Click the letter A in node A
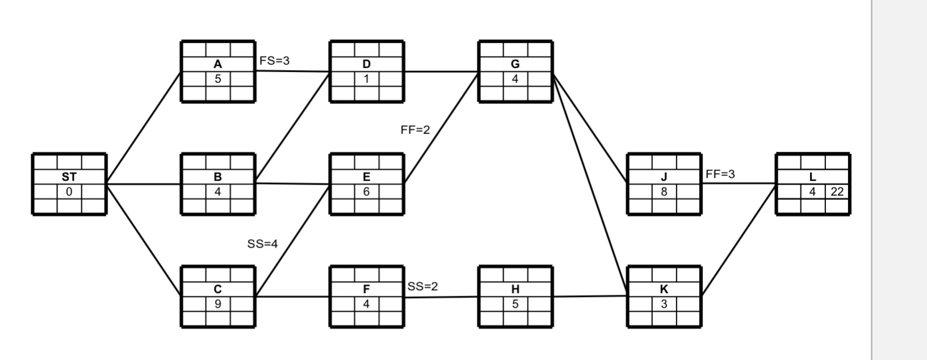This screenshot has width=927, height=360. (x=218, y=65)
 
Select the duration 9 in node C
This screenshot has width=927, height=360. (x=218, y=304)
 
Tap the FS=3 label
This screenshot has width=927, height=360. (x=274, y=60)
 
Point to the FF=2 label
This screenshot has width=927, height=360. (x=415, y=129)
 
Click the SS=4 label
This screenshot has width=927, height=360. (x=262, y=244)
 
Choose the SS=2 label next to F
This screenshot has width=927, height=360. (x=423, y=286)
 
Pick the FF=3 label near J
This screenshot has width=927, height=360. (x=720, y=174)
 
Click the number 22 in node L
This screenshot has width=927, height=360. (x=837, y=192)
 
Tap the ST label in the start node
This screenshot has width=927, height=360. (x=69, y=177)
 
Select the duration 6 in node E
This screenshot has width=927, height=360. (x=367, y=192)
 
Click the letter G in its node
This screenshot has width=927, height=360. (x=515, y=65)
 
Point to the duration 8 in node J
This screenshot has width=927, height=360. (x=664, y=192)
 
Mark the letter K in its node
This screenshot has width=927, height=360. (x=664, y=290)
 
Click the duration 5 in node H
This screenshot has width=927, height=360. (x=515, y=304)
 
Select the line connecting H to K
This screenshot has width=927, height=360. (x=590, y=296)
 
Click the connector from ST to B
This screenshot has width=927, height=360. (x=144, y=184)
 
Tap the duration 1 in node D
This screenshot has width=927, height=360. (x=367, y=79)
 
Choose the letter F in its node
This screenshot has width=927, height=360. (x=367, y=290)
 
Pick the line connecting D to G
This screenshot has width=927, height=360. (x=441, y=72)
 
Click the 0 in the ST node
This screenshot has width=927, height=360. (x=69, y=192)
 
